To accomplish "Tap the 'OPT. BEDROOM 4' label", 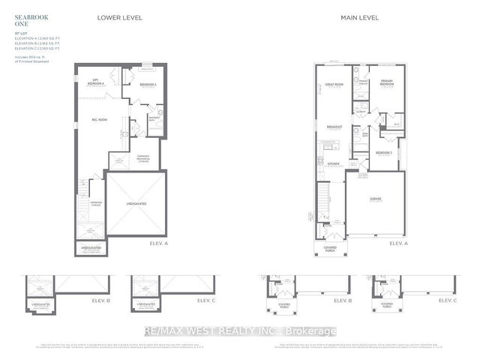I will [x=95, y=81].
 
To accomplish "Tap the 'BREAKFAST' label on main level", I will [x=334, y=127].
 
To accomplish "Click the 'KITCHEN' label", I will [x=332, y=163].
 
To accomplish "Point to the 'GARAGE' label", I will [x=375, y=199].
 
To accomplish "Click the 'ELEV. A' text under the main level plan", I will [x=397, y=244].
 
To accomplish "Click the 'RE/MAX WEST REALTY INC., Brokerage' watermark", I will [x=240, y=331].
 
